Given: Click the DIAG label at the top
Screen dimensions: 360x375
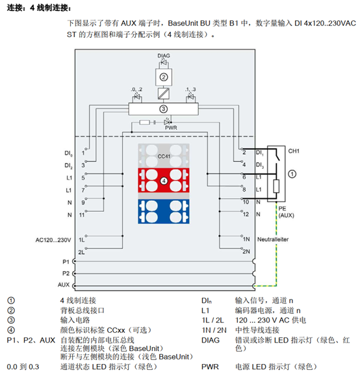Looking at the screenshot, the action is pyautogui.click(x=164, y=55).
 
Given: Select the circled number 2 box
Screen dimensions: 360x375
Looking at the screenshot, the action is pyautogui.click(x=164, y=77).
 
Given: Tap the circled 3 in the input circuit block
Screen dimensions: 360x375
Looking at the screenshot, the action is pyautogui.click(x=163, y=109).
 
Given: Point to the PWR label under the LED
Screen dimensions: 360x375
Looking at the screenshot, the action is pyautogui.click(x=171, y=128).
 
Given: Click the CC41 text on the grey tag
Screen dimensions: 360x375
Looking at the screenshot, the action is pyautogui.click(x=164, y=156).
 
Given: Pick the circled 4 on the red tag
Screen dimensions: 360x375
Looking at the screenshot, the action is pyautogui.click(x=164, y=181).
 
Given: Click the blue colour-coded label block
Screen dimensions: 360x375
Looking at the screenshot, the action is pyautogui.click(x=164, y=212).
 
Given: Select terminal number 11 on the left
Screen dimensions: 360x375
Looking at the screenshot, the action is pyautogui.click(x=82, y=214).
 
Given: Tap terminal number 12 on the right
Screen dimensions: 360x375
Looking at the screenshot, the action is pyautogui.click(x=246, y=214).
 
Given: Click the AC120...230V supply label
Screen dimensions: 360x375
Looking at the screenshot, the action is pyautogui.click(x=53, y=240).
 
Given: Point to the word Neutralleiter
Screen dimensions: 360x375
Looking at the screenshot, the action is pyautogui.click(x=273, y=239).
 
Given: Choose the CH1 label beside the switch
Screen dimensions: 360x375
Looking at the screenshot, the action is pyautogui.click(x=294, y=151).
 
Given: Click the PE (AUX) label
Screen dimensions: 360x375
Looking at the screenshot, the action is pyautogui.click(x=286, y=212).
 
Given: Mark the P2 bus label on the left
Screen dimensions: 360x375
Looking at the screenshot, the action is pyautogui.click(x=66, y=273).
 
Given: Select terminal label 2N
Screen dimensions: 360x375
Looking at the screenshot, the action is pyautogui.click(x=246, y=252).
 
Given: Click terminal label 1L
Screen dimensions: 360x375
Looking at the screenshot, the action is pyautogui.click(x=82, y=240).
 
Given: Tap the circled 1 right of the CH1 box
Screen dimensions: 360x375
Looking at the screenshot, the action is pyautogui.click(x=292, y=174).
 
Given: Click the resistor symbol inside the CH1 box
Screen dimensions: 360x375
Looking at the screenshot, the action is pyautogui.click(x=276, y=187).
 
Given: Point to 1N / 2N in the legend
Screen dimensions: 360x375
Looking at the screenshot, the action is pyautogui.click(x=214, y=330).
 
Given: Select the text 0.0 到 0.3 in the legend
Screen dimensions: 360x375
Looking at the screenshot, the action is pyautogui.click(x=23, y=367).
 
